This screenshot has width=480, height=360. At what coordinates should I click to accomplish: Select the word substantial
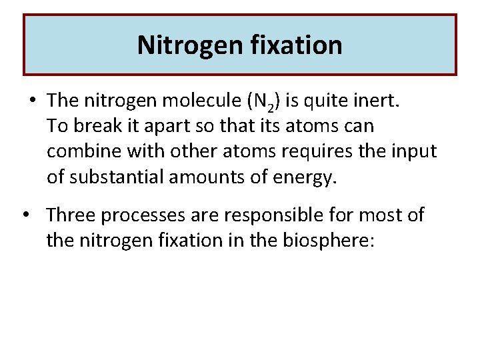(113, 177)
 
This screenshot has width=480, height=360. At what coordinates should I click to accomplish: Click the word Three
(71, 215)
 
